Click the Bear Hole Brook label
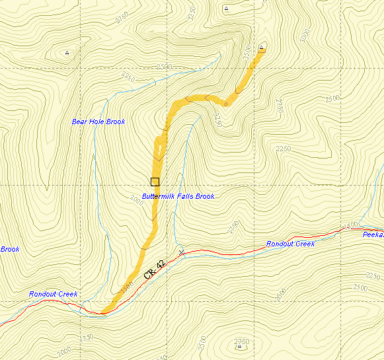click(x=98, y=122)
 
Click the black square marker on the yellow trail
click(x=155, y=182)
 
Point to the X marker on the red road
click(x=181, y=252)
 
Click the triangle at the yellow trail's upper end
click(x=262, y=48)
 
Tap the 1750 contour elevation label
click(x=87, y=338)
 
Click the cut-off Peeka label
click(x=373, y=234)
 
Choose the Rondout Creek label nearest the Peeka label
click(x=290, y=244)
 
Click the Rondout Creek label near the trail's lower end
click(x=53, y=294)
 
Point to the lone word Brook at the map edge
click(x=9, y=249)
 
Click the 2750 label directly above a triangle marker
click(x=241, y=341)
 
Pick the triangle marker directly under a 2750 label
click(x=239, y=345)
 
